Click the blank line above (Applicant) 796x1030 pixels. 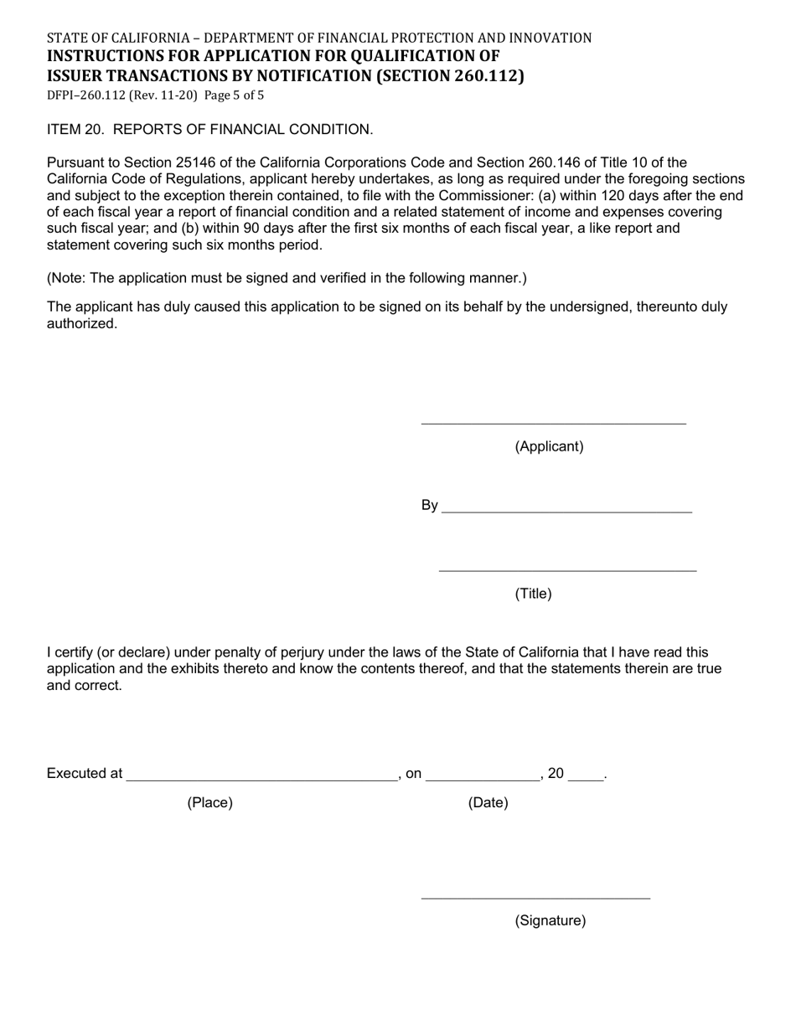(553, 421)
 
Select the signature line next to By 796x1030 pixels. (566, 509)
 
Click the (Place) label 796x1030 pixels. (209, 803)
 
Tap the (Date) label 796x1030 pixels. (488, 803)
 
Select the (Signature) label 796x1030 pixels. (550, 921)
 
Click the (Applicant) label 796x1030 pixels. (549, 446)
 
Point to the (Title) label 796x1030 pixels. (533, 594)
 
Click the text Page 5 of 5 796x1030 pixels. (234, 95)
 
